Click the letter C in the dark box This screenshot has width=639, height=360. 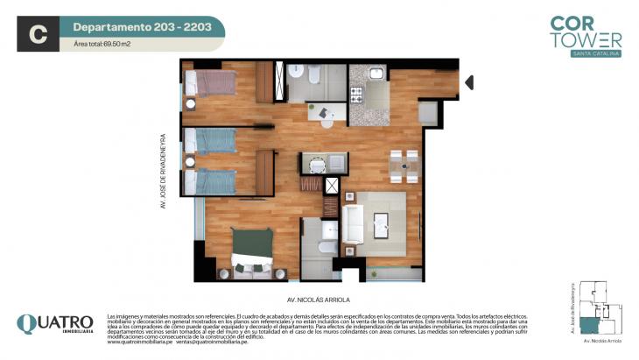(x=38, y=34)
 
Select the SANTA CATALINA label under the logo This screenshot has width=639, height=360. (x=597, y=54)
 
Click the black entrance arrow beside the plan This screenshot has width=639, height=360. (x=469, y=82)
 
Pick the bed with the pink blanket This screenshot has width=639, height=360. (x=212, y=82)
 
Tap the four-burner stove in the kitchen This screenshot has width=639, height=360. (x=357, y=94)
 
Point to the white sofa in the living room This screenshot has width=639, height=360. (x=354, y=223)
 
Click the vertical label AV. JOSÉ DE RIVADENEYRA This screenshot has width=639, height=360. (x=163, y=172)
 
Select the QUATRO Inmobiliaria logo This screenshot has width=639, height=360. (x=55, y=326)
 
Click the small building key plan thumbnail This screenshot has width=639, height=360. (x=597, y=308)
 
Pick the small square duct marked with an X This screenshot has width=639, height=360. (x=332, y=185)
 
